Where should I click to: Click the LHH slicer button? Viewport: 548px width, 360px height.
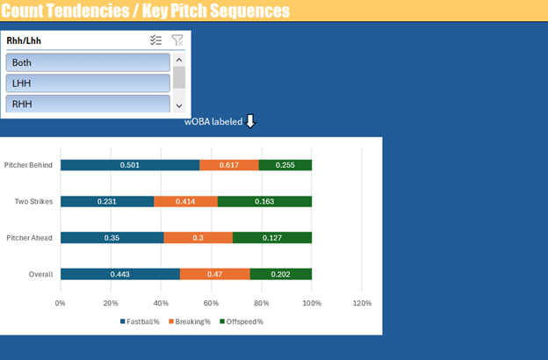pos(88,83)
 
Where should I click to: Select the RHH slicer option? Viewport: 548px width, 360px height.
pos(88,104)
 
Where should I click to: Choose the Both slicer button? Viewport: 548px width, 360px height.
pos(88,62)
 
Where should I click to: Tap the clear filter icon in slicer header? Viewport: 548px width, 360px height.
pos(177,40)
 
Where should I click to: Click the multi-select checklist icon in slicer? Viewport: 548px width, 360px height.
pos(156,40)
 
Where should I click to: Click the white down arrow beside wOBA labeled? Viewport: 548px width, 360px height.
pos(250,121)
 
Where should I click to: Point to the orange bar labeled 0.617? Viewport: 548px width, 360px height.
pos(229,165)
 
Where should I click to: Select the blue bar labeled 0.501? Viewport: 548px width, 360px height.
pos(130,165)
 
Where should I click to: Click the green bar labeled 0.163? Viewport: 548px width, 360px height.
pos(264,201)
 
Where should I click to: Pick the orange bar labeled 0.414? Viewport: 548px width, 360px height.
pos(185,201)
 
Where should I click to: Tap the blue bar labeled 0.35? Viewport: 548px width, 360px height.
pos(112,237)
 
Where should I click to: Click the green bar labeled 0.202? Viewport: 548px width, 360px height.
pos(281,274)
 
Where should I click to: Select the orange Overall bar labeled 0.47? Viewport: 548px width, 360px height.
pos(215,274)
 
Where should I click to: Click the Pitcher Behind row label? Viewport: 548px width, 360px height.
pos(28,165)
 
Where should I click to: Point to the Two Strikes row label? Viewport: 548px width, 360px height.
pos(33,201)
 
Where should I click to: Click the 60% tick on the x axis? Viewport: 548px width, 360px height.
pos(211,303)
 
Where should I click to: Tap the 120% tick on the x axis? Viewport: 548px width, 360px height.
pos(362,303)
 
